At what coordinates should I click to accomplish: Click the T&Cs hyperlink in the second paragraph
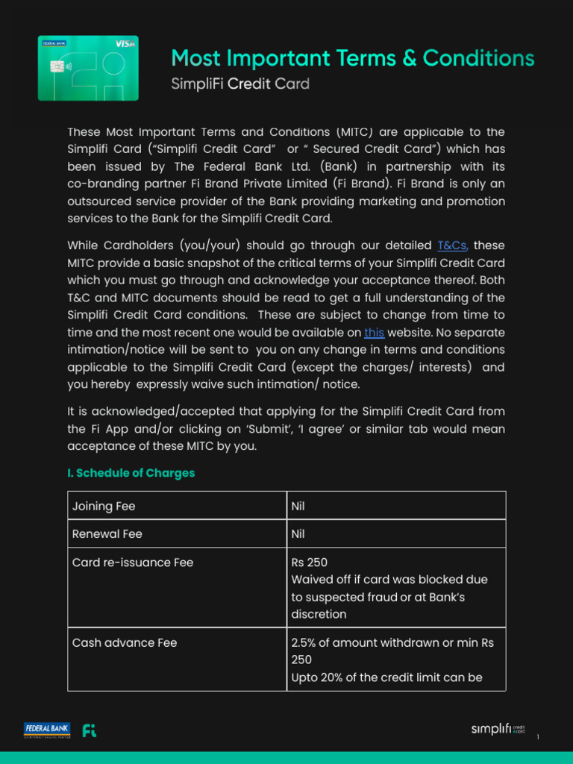[x=452, y=245]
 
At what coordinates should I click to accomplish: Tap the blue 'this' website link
[x=374, y=333]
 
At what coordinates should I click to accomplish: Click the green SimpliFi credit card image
[x=88, y=68]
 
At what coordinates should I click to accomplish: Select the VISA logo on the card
[x=125, y=44]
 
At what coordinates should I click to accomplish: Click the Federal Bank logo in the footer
[x=47, y=730]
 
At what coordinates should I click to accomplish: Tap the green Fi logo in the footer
[x=89, y=730]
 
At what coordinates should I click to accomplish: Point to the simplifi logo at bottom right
[x=497, y=729]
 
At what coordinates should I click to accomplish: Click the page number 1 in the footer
[x=537, y=737]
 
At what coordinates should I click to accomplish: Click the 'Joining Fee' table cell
[x=104, y=506]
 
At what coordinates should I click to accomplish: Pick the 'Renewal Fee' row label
[x=107, y=534]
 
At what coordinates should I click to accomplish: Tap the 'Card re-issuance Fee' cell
[x=132, y=563]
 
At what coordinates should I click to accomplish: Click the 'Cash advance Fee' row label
[x=124, y=642]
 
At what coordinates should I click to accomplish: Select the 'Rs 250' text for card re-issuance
[x=309, y=563]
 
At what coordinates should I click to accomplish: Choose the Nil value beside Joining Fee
[x=298, y=506]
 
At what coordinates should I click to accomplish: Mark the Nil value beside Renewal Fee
[x=298, y=534]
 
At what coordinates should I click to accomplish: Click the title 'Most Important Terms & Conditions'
[x=353, y=58]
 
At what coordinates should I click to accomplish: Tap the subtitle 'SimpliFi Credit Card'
[x=240, y=84]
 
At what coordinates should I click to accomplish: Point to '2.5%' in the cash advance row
[x=305, y=642]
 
